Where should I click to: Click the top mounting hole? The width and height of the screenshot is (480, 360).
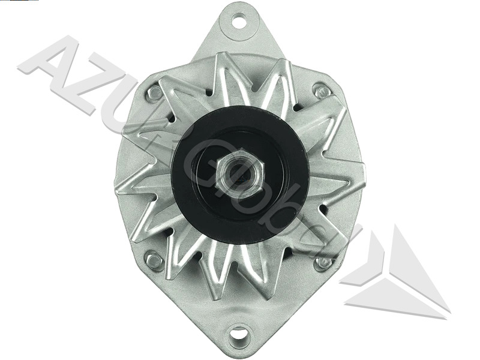click(x=239, y=23)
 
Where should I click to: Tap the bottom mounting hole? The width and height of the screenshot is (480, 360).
click(x=239, y=332)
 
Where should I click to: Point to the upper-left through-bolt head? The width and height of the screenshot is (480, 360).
click(x=155, y=93)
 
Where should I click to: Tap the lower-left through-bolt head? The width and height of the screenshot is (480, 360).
click(x=155, y=260)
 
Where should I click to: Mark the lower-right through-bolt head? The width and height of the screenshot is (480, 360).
click(x=324, y=262)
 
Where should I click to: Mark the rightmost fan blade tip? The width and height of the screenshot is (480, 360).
click(x=360, y=180)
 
